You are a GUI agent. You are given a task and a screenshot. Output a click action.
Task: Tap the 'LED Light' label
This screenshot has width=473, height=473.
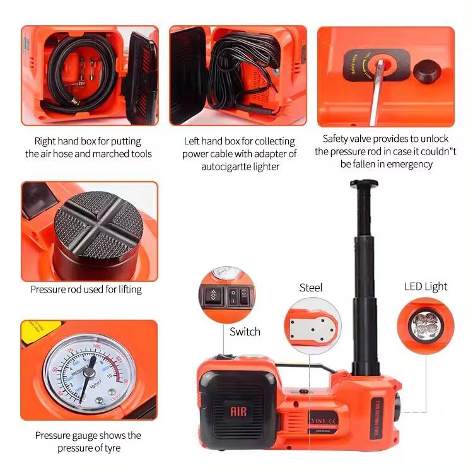(x=425, y=286)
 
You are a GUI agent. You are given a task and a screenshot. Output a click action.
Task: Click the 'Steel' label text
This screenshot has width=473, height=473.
(x=310, y=288)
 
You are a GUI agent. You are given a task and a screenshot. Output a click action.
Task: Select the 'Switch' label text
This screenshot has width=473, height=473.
(x=245, y=332)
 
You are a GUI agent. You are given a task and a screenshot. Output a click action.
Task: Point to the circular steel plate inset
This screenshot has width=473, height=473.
(x=310, y=325)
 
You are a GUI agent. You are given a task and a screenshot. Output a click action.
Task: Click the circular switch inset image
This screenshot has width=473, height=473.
(x=227, y=294)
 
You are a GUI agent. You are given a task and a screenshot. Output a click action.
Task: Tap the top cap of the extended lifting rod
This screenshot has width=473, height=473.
(x=364, y=184)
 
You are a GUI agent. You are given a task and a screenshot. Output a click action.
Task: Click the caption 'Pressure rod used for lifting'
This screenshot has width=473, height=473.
(x=86, y=289)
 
